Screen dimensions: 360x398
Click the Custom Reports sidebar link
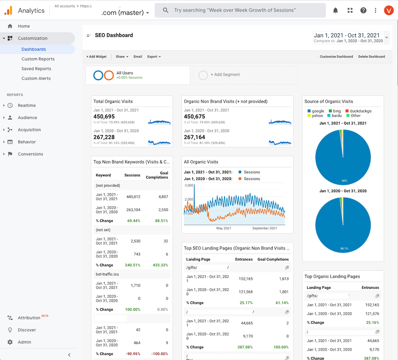(x=38, y=59)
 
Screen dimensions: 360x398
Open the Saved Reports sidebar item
(x=36, y=69)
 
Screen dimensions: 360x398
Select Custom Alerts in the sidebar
(x=36, y=79)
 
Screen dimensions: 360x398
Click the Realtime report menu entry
(x=26, y=106)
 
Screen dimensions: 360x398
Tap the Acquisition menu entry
(x=29, y=130)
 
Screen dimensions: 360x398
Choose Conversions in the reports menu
(x=30, y=154)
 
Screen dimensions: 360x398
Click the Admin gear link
(x=24, y=342)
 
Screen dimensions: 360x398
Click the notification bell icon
(x=335, y=10)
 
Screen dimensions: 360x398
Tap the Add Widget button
(x=97, y=57)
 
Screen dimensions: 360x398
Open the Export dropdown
(x=154, y=57)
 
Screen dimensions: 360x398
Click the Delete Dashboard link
(x=371, y=57)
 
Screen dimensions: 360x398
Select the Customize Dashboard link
(x=336, y=57)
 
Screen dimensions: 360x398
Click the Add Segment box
(x=245, y=75)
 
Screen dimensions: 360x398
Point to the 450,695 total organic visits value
(x=104, y=116)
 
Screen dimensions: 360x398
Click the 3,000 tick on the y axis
(x=189, y=185)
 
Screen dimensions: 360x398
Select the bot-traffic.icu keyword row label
(x=107, y=274)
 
